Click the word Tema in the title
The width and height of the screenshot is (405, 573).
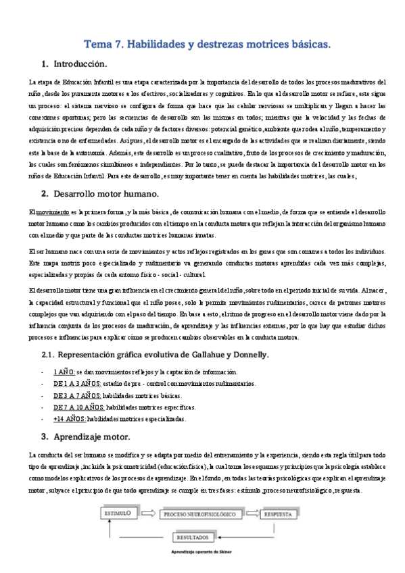click(x=97, y=45)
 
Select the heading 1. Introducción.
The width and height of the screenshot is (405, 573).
click(x=74, y=64)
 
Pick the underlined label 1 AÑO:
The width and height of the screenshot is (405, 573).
click(x=64, y=372)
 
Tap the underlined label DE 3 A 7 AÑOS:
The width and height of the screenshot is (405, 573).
click(x=77, y=396)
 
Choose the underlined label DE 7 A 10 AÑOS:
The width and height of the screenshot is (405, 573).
click(x=78, y=407)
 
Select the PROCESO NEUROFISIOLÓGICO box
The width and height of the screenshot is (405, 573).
click(x=201, y=514)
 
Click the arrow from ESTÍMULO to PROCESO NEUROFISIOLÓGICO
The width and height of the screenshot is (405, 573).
click(x=150, y=514)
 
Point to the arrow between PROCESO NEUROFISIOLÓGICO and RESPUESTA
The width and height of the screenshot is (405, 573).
click(x=252, y=514)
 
